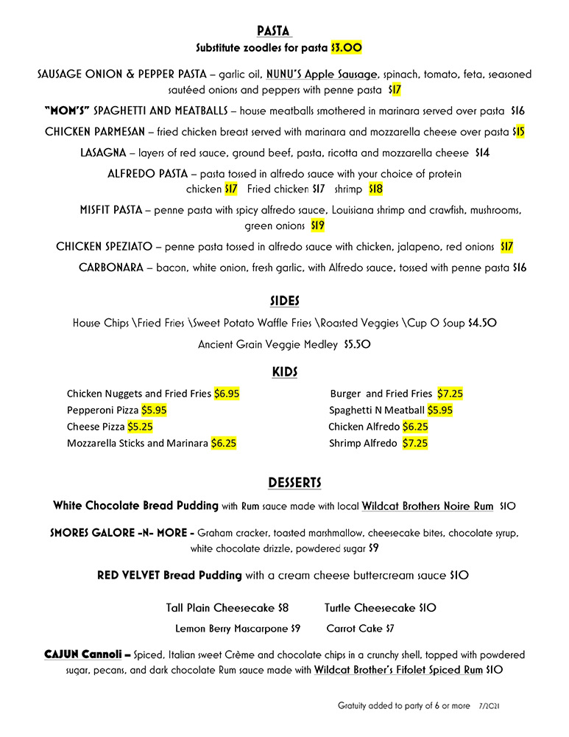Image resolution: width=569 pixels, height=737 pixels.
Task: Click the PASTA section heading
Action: [x=274, y=31]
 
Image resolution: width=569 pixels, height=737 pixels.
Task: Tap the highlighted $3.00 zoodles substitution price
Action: [x=346, y=47]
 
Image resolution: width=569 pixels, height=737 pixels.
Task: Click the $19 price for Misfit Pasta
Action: [x=318, y=226]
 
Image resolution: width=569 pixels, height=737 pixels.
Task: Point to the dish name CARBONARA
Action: [x=111, y=268]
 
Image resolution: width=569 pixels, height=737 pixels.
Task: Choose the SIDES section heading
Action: [x=283, y=301]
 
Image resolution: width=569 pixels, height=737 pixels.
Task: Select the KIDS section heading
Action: [x=284, y=372]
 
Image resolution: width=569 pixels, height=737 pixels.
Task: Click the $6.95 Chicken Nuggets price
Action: [x=227, y=394]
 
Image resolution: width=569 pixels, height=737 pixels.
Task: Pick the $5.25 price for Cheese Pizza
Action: [x=140, y=427]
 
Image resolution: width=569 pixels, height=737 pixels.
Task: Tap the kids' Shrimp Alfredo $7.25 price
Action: [x=415, y=444]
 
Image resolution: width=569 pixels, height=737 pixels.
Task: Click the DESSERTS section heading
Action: [x=294, y=483]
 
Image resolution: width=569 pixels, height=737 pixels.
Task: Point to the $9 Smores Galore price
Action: [x=373, y=548]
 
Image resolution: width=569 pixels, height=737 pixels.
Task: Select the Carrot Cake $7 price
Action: [x=389, y=629]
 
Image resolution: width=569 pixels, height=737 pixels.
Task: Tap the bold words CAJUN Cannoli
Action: [x=88, y=654]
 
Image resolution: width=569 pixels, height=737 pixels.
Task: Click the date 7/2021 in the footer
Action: [x=490, y=706]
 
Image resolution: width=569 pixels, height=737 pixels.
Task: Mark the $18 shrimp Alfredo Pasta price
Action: [x=375, y=189]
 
